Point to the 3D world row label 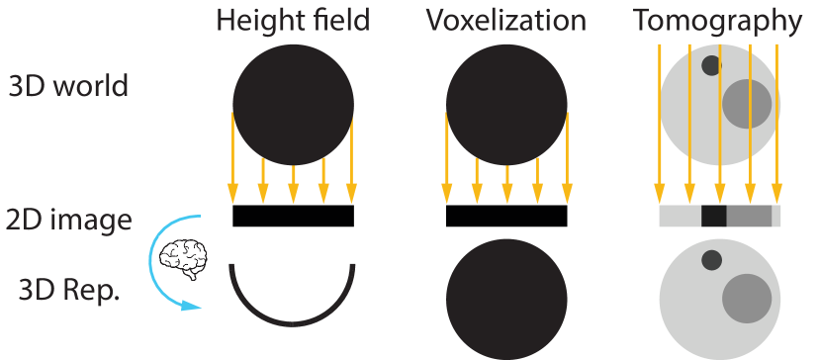(68, 86)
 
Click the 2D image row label (68, 220)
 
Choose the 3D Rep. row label (68, 292)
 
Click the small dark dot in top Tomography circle (710, 66)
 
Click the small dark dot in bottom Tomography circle (710, 260)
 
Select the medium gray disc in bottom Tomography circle (747, 298)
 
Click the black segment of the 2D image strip (713, 217)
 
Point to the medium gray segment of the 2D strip (748, 217)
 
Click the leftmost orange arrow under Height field (232, 158)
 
